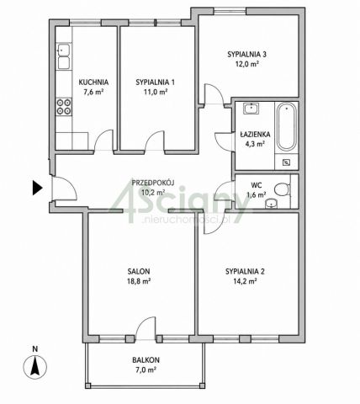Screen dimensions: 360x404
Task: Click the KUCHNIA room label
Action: coord(93,82)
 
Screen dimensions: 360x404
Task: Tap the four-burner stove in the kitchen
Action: coord(64,107)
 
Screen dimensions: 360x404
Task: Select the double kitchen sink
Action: coord(64,56)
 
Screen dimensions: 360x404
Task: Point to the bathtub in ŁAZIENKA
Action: coord(287,127)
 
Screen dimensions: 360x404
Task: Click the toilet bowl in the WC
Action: coord(282,189)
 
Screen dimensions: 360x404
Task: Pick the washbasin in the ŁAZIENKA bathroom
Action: coord(251,109)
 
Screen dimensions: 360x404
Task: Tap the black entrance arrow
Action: coord(37,188)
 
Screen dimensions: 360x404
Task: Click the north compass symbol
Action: coord(35,367)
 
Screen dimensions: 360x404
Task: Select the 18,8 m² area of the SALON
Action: coord(139,281)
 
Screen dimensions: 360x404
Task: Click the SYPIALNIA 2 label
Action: coord(245,271)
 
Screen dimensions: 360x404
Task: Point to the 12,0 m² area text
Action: coord(246,64)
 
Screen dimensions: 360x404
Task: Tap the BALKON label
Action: coord(146,359)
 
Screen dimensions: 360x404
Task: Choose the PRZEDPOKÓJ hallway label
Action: coord(153,183)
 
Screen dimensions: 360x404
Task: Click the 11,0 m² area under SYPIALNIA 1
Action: coord(156,92)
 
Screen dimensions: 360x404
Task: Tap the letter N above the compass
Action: coord(35,349)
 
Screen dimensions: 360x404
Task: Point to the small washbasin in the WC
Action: coord(271,204)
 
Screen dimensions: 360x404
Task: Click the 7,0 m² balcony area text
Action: coord(146,369)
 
